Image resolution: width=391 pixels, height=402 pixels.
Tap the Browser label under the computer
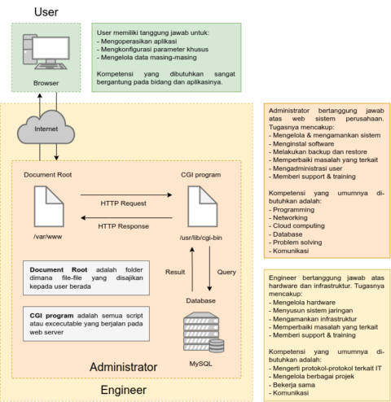(x=46, y=82)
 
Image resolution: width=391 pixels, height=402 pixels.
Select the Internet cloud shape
(x=46, y=127)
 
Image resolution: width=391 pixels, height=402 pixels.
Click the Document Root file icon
(x=50, y=208)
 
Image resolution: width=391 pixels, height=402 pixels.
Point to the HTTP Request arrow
(x=124, y=195)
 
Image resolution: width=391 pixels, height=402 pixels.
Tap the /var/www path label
(x=50, y=238)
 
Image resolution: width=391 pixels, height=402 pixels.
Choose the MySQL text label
(x=200, y=363)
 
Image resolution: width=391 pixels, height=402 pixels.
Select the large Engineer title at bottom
(x=124, y=390)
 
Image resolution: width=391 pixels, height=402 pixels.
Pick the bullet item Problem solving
(x=299, y=242)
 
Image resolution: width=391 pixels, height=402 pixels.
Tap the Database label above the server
(x=200, y=300)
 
